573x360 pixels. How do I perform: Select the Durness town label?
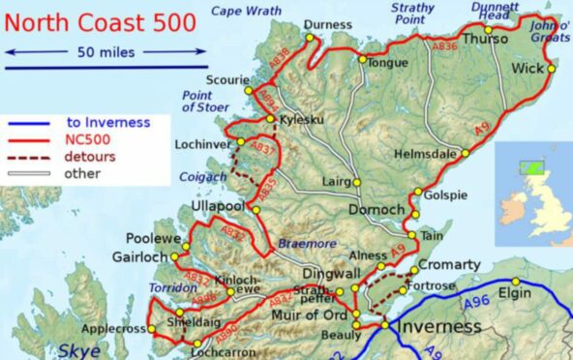(x=327, y=25)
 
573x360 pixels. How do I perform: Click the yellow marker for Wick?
(x=552, y=69)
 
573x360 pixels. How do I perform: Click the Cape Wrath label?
(x=242, y=11)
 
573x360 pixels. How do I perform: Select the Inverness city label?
(x=438, y=326)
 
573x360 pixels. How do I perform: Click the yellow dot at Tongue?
(x=362, y=60)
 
